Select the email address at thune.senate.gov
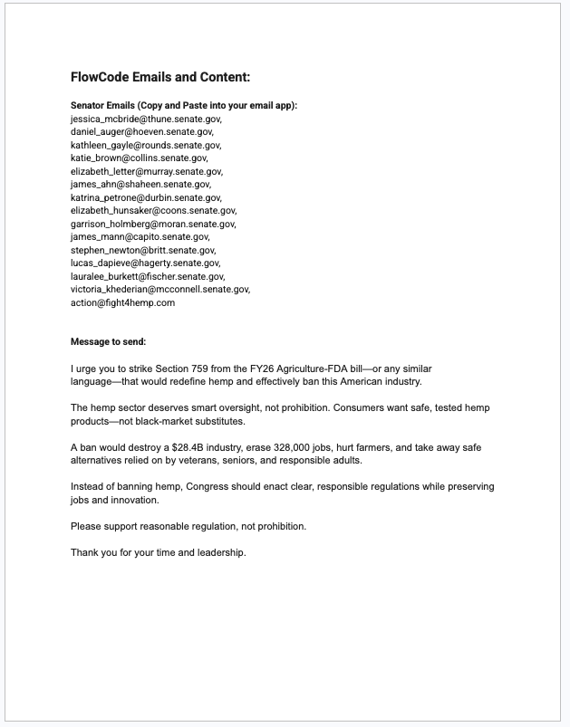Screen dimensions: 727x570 (145, 119)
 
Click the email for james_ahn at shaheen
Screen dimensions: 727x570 (140, 184)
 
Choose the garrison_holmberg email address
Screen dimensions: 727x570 (153, 224)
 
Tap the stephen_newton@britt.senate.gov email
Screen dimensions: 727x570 (143, 250)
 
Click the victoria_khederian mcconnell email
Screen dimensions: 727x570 (159, 290)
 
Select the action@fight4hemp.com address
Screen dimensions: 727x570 (122, 302)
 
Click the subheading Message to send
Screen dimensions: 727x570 (108, 342)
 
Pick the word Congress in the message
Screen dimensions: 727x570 (208, 486)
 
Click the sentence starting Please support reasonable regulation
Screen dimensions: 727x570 (188, 526)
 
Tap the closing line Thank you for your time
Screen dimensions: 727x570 (158, 552)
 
